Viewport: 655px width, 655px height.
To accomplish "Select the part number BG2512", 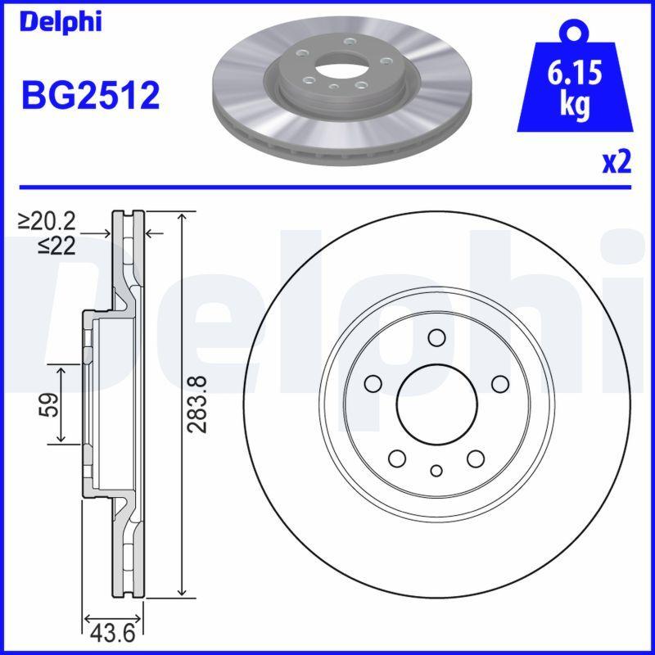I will (x=90, y=97).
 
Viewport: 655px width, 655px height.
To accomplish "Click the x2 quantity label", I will (x=617, y=163).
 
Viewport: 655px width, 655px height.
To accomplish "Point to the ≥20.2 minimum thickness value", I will (x=47, y=220).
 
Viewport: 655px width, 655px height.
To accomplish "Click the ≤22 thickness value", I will (x=57, y=245).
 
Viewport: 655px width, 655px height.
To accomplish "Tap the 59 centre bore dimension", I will (x=49, y=404).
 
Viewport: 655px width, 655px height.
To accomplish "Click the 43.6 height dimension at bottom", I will (x=115, y=633).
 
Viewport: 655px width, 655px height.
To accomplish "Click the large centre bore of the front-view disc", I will (x=436, y=402).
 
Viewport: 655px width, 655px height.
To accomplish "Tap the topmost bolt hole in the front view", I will (x=436, y=338).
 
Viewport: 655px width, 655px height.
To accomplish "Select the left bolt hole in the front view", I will (x=374, y=383).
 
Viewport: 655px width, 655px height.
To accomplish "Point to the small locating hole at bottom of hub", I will (x=436, y=470).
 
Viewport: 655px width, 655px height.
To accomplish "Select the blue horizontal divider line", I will (x=327, y=187).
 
